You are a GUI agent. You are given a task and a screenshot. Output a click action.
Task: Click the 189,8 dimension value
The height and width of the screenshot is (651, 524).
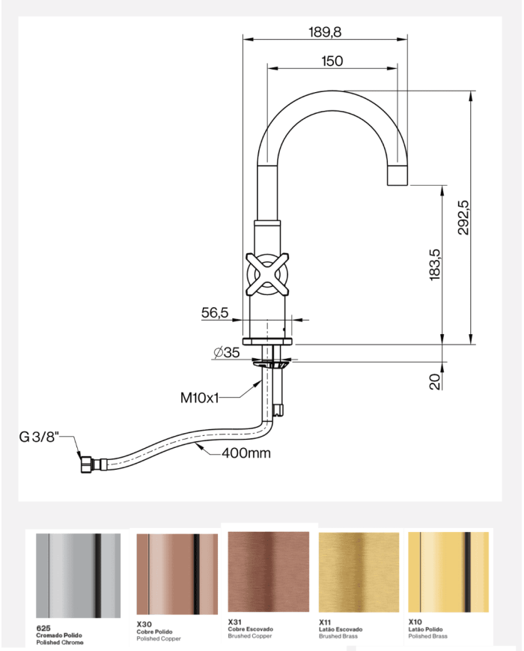point(326,31)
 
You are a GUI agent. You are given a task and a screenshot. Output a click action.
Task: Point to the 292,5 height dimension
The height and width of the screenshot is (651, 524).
point(463,217)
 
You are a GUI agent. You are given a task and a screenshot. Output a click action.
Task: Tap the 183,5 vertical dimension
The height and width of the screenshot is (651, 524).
point(435,264)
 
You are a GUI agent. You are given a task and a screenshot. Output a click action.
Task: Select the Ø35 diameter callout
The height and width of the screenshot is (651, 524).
point(226,353)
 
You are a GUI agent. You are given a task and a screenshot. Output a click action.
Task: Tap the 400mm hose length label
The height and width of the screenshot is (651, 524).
point(246,453)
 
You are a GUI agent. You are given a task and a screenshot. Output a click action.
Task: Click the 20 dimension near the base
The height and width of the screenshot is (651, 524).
point(435,382)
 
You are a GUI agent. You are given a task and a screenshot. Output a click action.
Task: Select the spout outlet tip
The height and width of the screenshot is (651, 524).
point(397,178)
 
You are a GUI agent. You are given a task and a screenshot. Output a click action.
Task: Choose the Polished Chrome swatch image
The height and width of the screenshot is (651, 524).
point(79,575)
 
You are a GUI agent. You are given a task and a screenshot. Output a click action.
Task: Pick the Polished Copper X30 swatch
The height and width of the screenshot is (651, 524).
point(177,575)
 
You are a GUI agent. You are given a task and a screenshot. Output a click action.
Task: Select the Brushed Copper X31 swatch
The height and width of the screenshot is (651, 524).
point(268,573)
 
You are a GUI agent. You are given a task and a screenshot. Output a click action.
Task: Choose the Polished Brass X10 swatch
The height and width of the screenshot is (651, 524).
point(448,573)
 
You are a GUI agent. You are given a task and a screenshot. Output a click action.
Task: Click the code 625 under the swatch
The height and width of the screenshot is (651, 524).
point(43,626)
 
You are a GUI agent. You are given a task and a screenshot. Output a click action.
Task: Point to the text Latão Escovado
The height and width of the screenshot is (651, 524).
point(341,629)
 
